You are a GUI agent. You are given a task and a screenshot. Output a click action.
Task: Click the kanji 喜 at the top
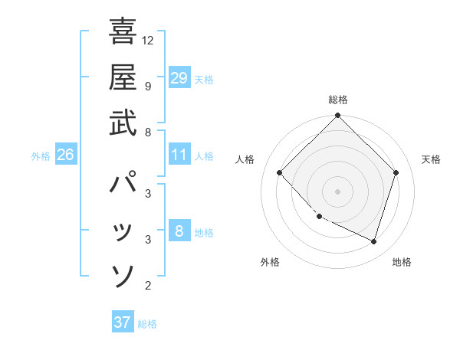click(123, 31)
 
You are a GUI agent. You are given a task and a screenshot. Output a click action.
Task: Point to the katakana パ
click(123, 184)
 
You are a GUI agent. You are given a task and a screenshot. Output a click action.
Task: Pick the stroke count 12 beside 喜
click(148, 40)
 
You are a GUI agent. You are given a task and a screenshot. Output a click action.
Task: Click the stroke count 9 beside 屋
click(148, 85)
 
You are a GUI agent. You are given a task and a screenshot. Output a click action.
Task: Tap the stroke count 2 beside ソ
click(148, 286)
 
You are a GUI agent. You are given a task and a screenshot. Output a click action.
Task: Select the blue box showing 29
click(179, 77)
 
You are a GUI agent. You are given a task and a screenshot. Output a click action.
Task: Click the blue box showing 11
click(179, 155)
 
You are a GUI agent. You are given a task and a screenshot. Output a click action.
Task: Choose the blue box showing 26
click(65, 155)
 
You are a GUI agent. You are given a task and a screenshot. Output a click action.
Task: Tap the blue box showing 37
click(123, 322)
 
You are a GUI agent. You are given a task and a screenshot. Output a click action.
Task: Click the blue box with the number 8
click(179, 231)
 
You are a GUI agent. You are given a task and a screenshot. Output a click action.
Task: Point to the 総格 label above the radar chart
click(338, 100)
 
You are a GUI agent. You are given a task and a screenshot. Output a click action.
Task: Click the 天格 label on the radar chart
click(431, 159)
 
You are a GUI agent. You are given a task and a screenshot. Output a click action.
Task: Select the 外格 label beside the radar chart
click(270, 262)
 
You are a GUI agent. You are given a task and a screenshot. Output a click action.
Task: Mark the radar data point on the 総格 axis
click(337, 116)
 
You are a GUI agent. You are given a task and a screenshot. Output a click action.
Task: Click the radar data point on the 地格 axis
click(374, 242)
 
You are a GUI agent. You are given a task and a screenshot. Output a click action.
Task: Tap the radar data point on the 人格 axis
click(280, 173)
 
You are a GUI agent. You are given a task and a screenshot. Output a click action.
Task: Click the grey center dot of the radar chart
click(337, 191)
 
